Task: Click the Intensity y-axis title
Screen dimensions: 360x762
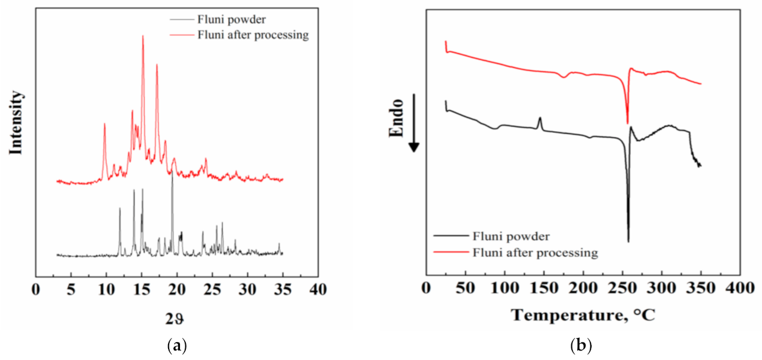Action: [x=16, y=123]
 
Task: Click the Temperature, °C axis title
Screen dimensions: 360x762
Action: [x=583, y=315]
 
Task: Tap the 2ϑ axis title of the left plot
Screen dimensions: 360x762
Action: [x=177, y=319]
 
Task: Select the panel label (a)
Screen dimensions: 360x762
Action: [x=178, y=345]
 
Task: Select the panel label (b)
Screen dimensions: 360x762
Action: [x=581, y=345]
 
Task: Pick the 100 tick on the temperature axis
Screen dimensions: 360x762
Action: [x=505, y=290]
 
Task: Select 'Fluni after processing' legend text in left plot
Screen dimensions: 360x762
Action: [x=253, y=35]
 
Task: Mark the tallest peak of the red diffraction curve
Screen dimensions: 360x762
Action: [x=143, y=36]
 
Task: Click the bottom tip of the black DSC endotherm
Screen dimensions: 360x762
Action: [x=628, y=241]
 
